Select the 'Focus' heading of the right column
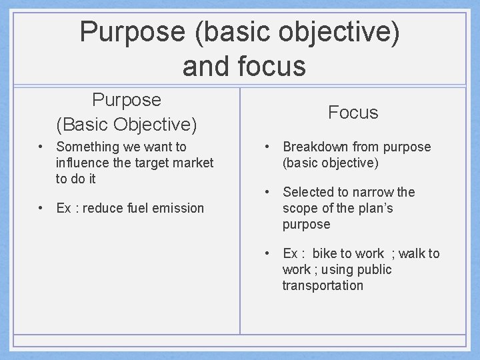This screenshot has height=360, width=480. tap(353, 113)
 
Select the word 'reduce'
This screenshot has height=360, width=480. tap(101, 208)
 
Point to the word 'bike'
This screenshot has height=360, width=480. tap(325, 253)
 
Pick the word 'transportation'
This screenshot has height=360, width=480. tap(323, 285)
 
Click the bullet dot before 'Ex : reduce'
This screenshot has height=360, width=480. tap(41, 208)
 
